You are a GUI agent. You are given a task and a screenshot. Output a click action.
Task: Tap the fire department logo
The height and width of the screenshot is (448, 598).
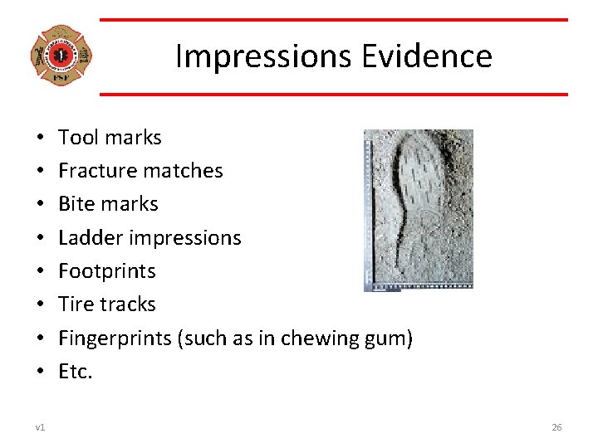60,56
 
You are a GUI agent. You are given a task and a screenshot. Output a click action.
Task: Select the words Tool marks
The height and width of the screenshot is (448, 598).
110,137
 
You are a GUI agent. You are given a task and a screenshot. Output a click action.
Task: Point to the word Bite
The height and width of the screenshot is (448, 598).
76,204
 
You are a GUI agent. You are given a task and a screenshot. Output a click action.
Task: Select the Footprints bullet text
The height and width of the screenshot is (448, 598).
107,271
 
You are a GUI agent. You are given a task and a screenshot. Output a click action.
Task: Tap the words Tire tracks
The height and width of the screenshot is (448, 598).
107,304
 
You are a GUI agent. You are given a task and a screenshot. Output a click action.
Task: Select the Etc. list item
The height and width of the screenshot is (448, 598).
76,372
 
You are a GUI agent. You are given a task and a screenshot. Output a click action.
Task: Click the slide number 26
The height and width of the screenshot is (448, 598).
556,427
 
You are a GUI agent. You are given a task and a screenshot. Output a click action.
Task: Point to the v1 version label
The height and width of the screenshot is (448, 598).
40,427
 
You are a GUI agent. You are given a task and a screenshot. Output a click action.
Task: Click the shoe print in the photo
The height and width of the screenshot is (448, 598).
423,207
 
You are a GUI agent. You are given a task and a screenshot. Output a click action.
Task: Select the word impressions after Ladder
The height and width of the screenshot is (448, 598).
190,238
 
